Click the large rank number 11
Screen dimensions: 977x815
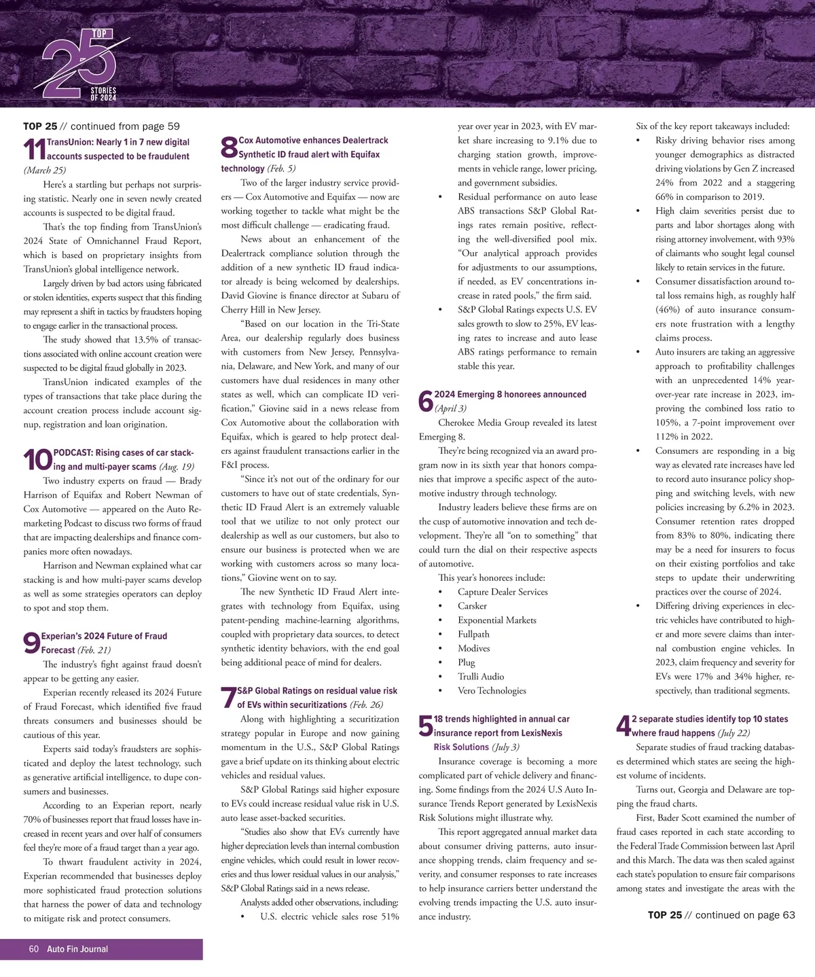tap(34, 149)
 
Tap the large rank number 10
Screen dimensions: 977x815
tap(37, 460)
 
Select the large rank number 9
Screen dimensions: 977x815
tap(31, 643)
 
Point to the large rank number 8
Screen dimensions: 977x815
tap(229, 147)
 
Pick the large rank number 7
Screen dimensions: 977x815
tap(228, 698)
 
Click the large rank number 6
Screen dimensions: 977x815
tap(426, 402)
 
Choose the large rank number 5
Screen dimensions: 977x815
tap(426, 726)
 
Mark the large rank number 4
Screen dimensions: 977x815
tap(623, 726)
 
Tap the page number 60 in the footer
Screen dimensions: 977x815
tap(34, 949)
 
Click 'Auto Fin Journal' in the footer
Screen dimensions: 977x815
tap(77, 949)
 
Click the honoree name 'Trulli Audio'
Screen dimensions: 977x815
tap(481, 677)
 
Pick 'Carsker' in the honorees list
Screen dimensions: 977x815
tap(472, 606)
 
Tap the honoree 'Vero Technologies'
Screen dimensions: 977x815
tap(492, 691)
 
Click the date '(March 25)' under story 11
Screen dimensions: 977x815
tap(45, 171)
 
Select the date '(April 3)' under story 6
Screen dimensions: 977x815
tap(450, 408)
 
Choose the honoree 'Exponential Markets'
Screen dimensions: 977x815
tap(496, 620)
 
